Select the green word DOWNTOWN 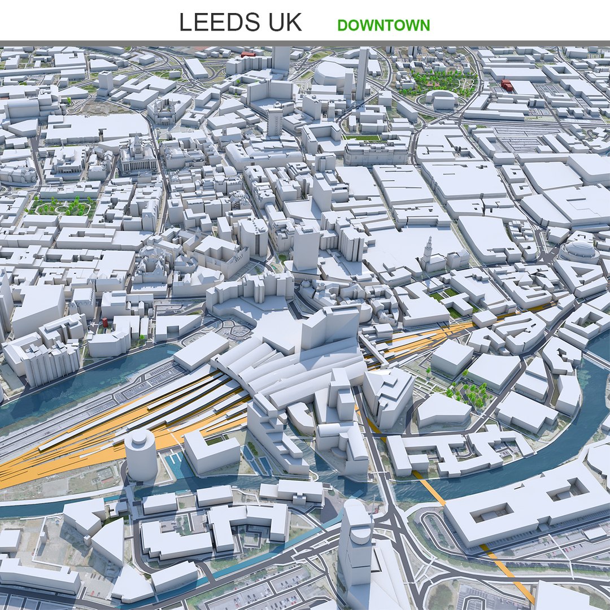pos(384,25)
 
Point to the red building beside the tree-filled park pos(506,85)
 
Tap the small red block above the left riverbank pos(105,323)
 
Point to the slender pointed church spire pos(428,251)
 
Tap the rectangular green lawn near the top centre pos(361,137)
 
